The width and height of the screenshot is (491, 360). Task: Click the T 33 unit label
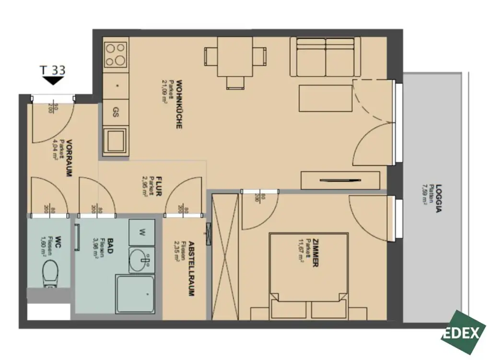pyautogui.click(x=53, y=70)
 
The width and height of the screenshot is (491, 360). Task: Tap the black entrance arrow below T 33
pyautogui.click(x=53, y=81)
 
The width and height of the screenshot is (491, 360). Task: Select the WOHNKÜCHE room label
pyautogui.click(x=178, y=105)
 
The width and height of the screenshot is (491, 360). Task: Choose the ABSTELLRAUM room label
pyautogui.click(x=191, y=268)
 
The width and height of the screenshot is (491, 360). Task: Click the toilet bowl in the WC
pyautogui.click(x=50, y=272)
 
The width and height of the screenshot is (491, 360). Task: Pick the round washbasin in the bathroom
pyautogui.click(x=142, y=260)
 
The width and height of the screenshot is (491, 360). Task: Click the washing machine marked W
pyautogui.click(x=142, y=232)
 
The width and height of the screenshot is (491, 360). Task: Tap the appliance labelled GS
pyautogui.click(x=116, y=112)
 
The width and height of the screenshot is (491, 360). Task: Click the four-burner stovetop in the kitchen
pyautogui.click(x=116, y=54)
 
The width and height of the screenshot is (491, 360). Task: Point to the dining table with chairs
pyautogui.click(x=235, y=58)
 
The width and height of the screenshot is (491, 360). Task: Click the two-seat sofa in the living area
pyautogui.click(x=325, y=57)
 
